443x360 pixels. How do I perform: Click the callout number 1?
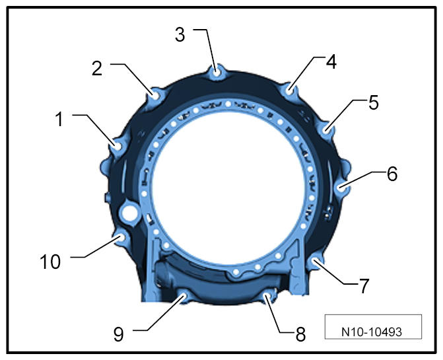click(59, 119)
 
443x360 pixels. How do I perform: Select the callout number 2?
click(97, 69)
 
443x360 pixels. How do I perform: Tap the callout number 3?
click(180, 35)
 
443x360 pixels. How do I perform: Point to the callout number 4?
click(331, 62)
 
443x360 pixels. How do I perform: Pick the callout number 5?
click(374, 102)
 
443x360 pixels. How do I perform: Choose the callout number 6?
click(392, 174)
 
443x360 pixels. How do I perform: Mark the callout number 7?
click(364, 285)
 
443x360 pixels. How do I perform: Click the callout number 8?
click(300, 334)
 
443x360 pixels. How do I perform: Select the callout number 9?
click(119, 334)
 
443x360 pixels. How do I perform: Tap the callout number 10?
click(50, 262)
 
